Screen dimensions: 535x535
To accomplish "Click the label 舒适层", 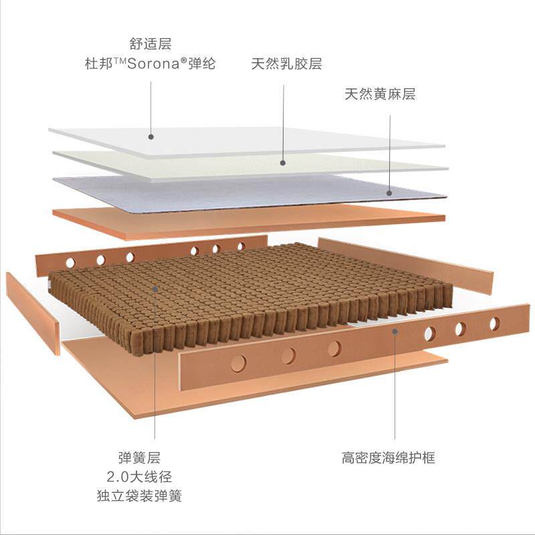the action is tap(152, 45).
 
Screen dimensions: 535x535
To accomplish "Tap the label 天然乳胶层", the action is tap(286, 65).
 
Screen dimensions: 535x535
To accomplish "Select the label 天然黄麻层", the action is tap(380, 94).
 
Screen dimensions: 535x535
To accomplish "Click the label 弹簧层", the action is tap(139, 458).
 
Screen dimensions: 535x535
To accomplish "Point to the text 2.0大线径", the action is tap(139, 477).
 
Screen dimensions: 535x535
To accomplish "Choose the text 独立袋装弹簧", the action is tap(139, 496).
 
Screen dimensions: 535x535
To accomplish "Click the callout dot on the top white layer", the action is tap(151, 136).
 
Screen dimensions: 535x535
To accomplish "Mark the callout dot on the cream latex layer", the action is tap(283, 163).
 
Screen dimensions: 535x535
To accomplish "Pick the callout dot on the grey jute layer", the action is tap(389, 193).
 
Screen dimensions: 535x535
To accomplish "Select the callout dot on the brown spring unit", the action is tap(154, 290).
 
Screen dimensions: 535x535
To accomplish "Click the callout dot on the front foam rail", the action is tap(395, 330).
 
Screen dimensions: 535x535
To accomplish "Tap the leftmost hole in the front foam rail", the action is tap(237, 363).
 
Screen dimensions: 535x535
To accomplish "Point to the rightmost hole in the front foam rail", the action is tap(494, 324).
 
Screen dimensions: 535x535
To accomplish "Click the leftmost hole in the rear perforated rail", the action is tap(70, 263).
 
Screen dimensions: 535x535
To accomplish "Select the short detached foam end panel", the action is tap(32, 311).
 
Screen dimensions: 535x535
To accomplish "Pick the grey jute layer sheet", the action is tap(247, 192).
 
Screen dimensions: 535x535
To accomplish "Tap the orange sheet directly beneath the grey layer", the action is tap(247, 220).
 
